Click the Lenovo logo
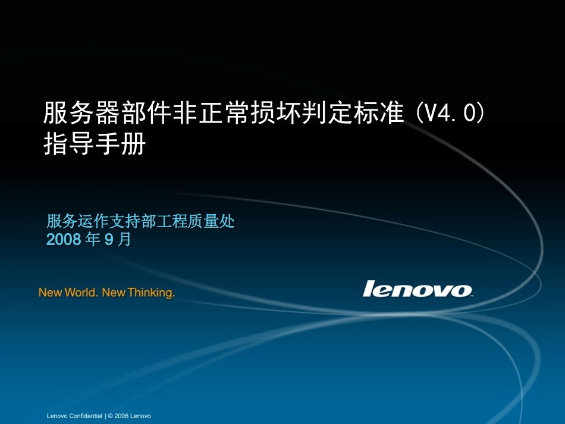(418, 289)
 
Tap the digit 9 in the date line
(108, 240)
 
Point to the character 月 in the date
(124, 240)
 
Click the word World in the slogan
(79, 293)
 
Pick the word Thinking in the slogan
(151, 293)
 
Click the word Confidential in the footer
(86, 416)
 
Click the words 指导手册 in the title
(95, 143)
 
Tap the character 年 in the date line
(93, 240)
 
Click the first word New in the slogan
(50, 293)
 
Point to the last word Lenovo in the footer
(140, 416)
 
